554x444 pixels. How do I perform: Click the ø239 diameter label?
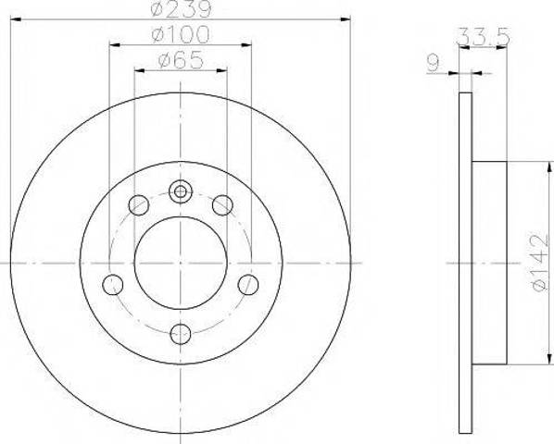tap(181, 9)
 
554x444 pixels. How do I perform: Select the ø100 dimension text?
tap(181, 35)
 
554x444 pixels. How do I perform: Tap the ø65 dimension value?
tap(181, 60)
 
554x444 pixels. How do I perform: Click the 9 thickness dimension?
tap(433, 63)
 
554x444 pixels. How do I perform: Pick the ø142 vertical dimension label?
tap(540, 262)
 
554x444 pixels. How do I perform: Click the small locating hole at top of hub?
tap(181, 191)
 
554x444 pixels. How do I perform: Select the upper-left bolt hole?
tap(139, 205)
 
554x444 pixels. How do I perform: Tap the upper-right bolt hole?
tap(222, 205)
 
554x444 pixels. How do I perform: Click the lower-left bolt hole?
tap(113, 285)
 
